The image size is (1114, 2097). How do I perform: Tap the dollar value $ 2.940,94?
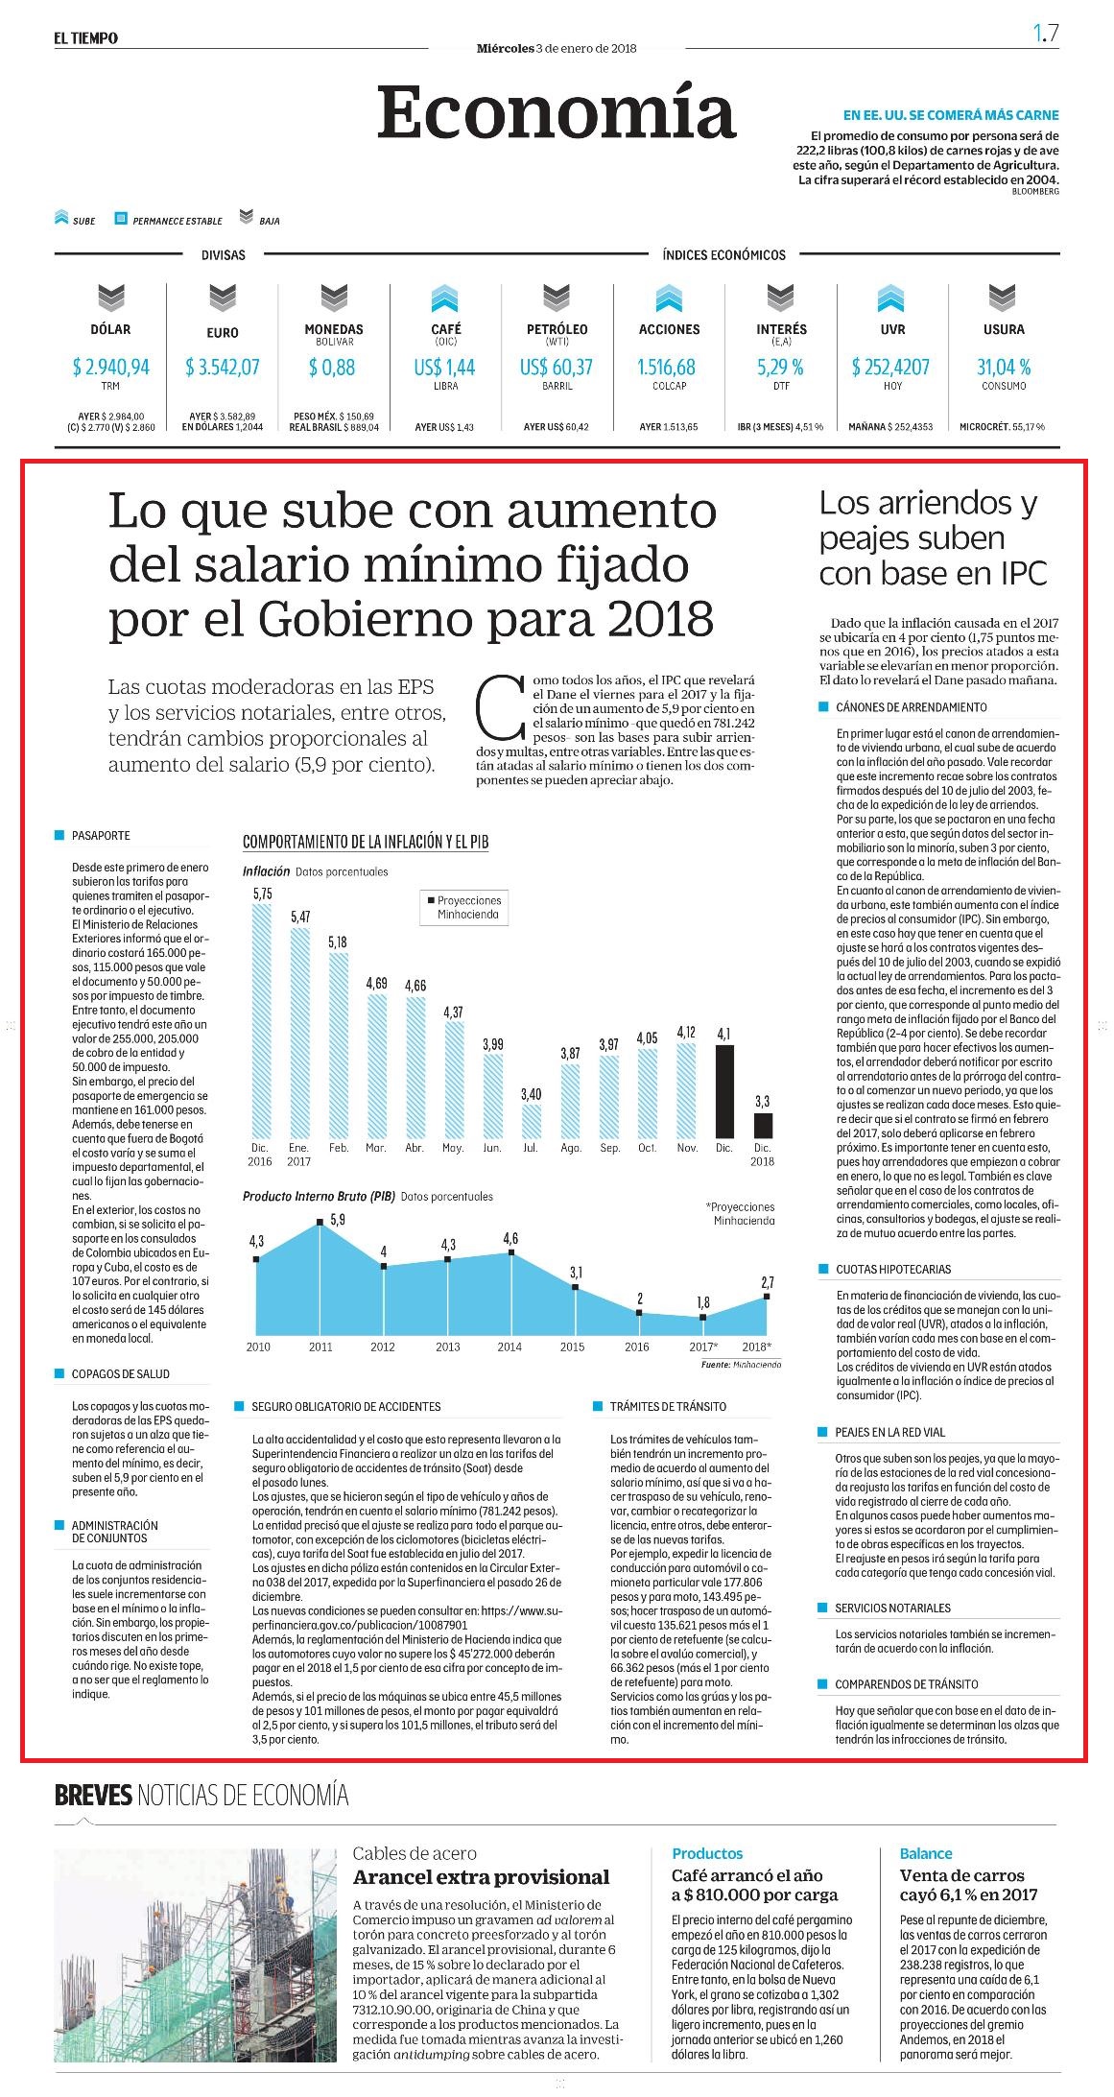(x=111, y=367)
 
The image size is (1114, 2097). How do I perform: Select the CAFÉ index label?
(x=446, y=329)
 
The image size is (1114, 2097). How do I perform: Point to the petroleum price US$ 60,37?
(x=557, y=367)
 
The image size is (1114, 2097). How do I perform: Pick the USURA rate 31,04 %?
(x=1004, y=367)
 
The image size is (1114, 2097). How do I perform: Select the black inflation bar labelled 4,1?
(x=724, y=1091)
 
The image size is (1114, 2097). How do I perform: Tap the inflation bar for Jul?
(x=531, y=1121)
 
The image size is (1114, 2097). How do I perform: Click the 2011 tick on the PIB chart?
(x=320, y=1346)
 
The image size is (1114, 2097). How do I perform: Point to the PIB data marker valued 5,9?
(x=320, y=1223)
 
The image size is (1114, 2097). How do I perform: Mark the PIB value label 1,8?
(x=703, y=1302)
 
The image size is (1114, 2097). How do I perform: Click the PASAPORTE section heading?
(x=101, y=836)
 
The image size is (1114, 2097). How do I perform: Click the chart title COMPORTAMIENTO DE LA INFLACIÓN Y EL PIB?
(x=366, y=842)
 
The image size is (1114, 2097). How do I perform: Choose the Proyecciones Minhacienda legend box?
(x=464, y=907)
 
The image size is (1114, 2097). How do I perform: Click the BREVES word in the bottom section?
(x=93, y=1795)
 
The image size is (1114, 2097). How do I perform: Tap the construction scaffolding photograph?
(x=196, y=1954)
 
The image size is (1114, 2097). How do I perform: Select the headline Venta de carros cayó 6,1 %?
(x=969, y=1884)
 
